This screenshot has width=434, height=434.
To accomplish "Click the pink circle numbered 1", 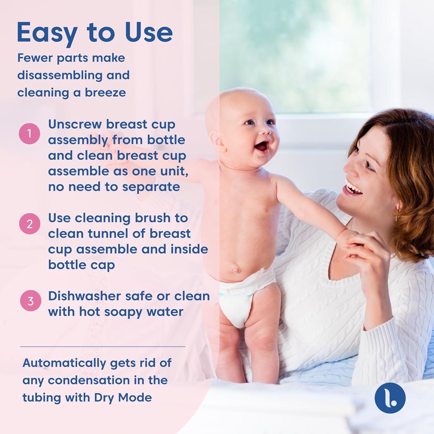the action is pos(29,134).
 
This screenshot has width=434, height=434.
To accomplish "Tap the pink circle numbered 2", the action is pos(30,224).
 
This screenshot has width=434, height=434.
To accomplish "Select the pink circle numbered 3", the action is pos(30,301).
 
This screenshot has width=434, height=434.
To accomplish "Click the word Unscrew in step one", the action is pos(75,124).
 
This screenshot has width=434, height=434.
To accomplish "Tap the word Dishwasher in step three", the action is pos(84,296).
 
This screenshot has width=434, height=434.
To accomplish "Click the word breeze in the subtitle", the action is pos(105,93).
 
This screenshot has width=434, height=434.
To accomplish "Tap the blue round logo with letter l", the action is pos(390,398).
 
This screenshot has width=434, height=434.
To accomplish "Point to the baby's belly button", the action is pos(235,270).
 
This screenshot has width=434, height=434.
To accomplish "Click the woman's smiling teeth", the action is pos(353,186).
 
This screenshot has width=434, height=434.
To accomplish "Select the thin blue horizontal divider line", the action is pos(103,346).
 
